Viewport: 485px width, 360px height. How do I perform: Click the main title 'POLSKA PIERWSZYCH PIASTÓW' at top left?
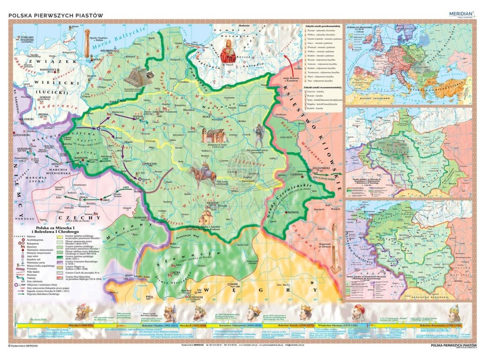(x=56, y=15)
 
